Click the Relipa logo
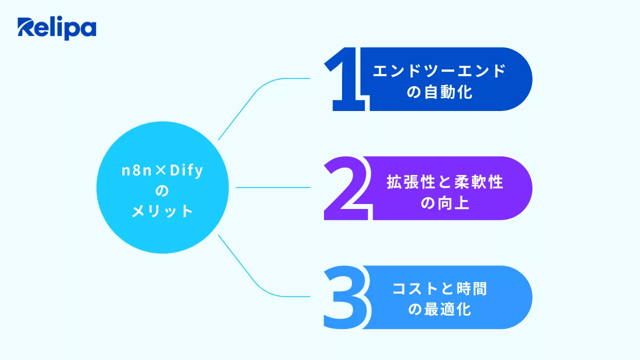(56, 28)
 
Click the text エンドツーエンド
(439, 71)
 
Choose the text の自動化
(439, 92)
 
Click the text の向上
(444, 203)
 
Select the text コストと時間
(439, 289)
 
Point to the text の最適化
(439, 310)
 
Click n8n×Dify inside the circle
(162, 170)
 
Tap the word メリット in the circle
(162, 211)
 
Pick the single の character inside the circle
(162, 191)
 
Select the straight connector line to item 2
(272, 187)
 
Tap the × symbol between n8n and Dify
(161, 171)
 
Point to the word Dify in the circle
(186, 171)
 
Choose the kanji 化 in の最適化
(464, 310)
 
